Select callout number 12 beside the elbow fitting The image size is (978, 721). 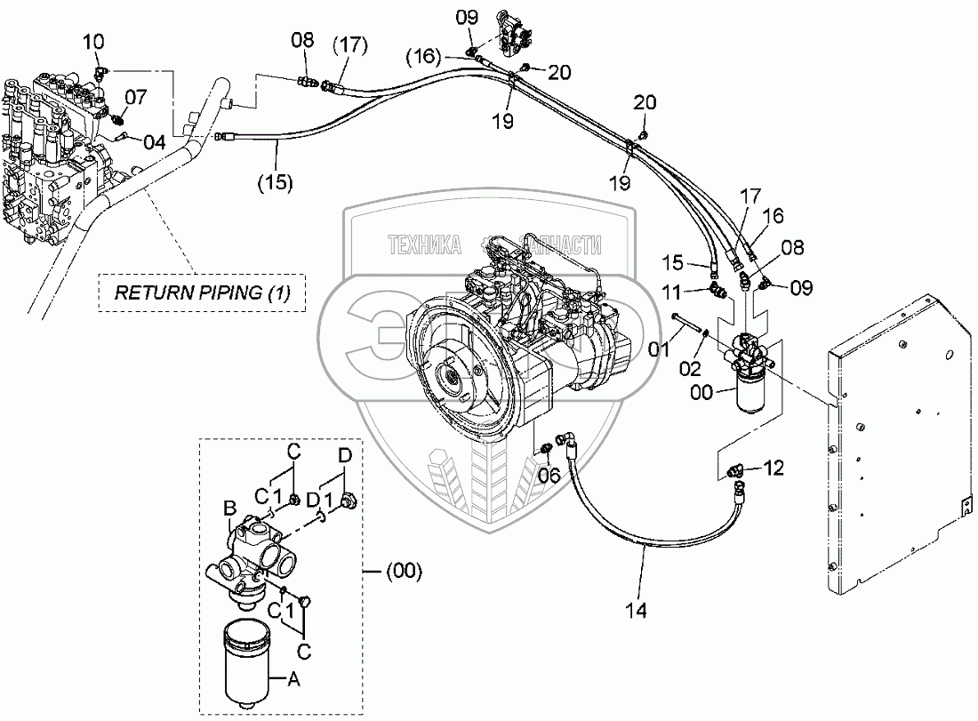coord(774,467)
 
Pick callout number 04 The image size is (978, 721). coord(155,141)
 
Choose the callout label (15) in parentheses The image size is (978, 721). coord(276,185)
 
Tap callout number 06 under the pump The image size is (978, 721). coord(549,476)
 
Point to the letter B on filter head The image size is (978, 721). coord(229,509)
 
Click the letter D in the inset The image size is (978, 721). coord(344,455)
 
